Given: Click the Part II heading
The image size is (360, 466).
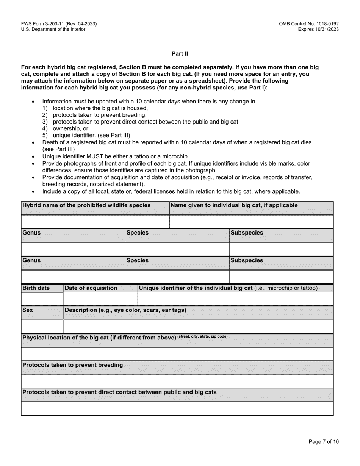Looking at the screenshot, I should (x=180, y=54).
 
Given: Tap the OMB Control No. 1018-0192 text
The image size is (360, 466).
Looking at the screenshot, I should (x=308, y=24).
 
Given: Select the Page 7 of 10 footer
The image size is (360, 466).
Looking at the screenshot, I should (x=324, y=441).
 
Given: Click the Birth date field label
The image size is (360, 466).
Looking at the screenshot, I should (x=36, y=288).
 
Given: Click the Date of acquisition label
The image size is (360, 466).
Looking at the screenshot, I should (x=91, y=288).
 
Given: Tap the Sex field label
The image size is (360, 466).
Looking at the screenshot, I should (x=28, y=310).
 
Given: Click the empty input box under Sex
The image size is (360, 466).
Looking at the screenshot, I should (x=42, y=326).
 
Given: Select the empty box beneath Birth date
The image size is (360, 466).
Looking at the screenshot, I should (x=42, y=299).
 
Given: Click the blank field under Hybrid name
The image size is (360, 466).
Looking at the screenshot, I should (x=95, y=222).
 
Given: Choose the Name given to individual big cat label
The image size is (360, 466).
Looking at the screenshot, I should (x=234, y=205).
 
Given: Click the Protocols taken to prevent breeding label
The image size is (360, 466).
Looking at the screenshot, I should (x=73, y=365).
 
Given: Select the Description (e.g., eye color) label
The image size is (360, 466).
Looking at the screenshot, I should (x=125, y=310).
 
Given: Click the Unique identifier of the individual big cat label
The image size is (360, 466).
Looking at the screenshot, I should (x=196, y=288).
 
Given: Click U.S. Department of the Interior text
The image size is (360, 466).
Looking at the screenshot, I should (x=53, y=29).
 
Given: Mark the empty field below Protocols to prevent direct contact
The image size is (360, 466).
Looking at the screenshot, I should (x=177, y=408).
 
